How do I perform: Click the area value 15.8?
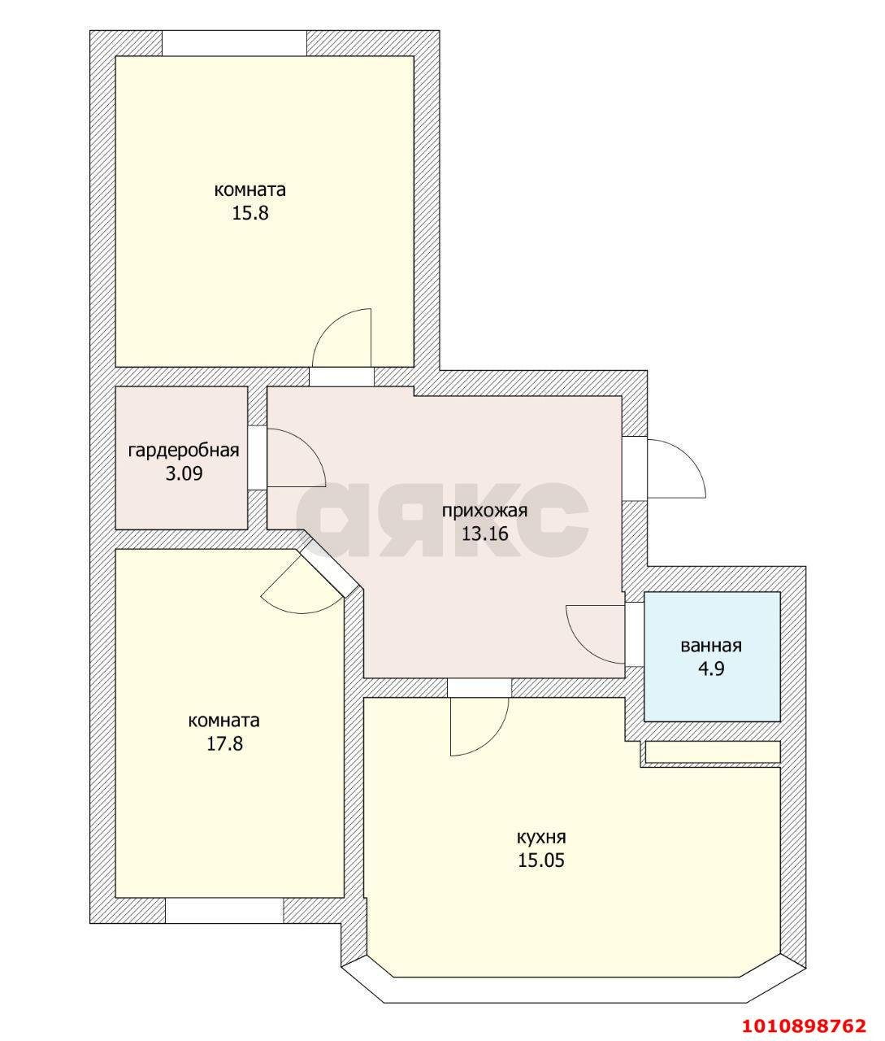[x=250, y=214]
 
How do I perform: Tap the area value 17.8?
[x=224, y=744]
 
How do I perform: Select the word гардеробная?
[x=184, y=451]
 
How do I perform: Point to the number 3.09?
[x=184, y=474]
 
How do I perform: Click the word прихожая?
[x=484, y=511]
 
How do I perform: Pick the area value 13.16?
[x=485, y=534]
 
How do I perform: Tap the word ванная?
[x=711, y=647]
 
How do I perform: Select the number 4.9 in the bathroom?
[x=711, y=669]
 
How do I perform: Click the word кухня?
[x=541, y=838]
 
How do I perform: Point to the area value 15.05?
[x=541, y=860]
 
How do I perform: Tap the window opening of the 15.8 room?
[x=234, y=43]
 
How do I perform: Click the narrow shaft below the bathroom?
[x=713, y=752]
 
